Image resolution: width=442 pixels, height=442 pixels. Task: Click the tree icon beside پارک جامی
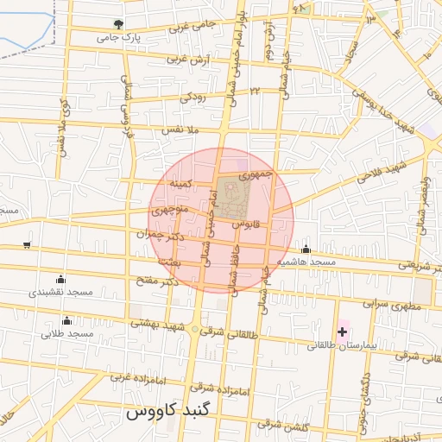pyautogui.click(x=118, y=24)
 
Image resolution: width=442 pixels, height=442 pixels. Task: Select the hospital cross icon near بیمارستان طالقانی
pyautogui.click(x=343, y=331)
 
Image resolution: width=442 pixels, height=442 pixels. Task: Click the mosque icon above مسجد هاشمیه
pyautogui.click(x=306, y=250)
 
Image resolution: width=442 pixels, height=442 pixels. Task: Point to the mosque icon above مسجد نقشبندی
pyautogui.click(x=60, y=280)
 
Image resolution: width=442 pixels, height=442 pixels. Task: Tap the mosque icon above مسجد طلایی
pyautogui.click(x=67, y=321)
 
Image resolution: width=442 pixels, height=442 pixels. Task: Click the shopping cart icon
pyautogui.click(x=27, y=245)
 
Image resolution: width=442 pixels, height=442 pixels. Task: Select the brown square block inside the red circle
pyautogui.click(x=230, y=198)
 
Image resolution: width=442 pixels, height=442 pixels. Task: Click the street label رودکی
pyautogui.click(x=193, y=98)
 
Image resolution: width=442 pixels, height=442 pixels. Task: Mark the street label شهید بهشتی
pyautogui.click(x=159, y=324)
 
